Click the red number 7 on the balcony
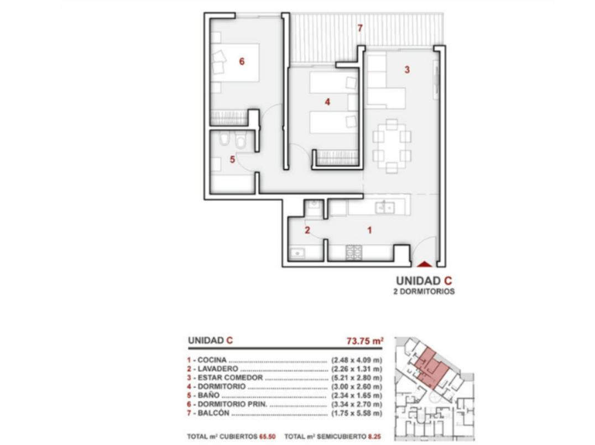coord(360,28)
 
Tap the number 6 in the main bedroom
coord(242,61)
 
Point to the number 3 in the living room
coord(407,70)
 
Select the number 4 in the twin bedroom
coord(327,102)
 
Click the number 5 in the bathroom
coord(232,159)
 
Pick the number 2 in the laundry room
coord(307,230)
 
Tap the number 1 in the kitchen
coord(369,230)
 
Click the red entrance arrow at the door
coord(424,264)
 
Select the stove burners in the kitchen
coord(353,252)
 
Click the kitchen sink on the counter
coord(384,207)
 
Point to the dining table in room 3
coord(392,146)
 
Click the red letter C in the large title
coord(448,281)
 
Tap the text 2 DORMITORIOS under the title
coord(424,291)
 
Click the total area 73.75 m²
coord(365,341)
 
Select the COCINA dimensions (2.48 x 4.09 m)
coord(357,360)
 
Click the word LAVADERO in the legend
coord(218,369)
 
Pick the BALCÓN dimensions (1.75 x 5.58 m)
coord(357,413)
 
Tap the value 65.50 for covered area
coord(268,437)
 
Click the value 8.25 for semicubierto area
coord(374,437)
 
